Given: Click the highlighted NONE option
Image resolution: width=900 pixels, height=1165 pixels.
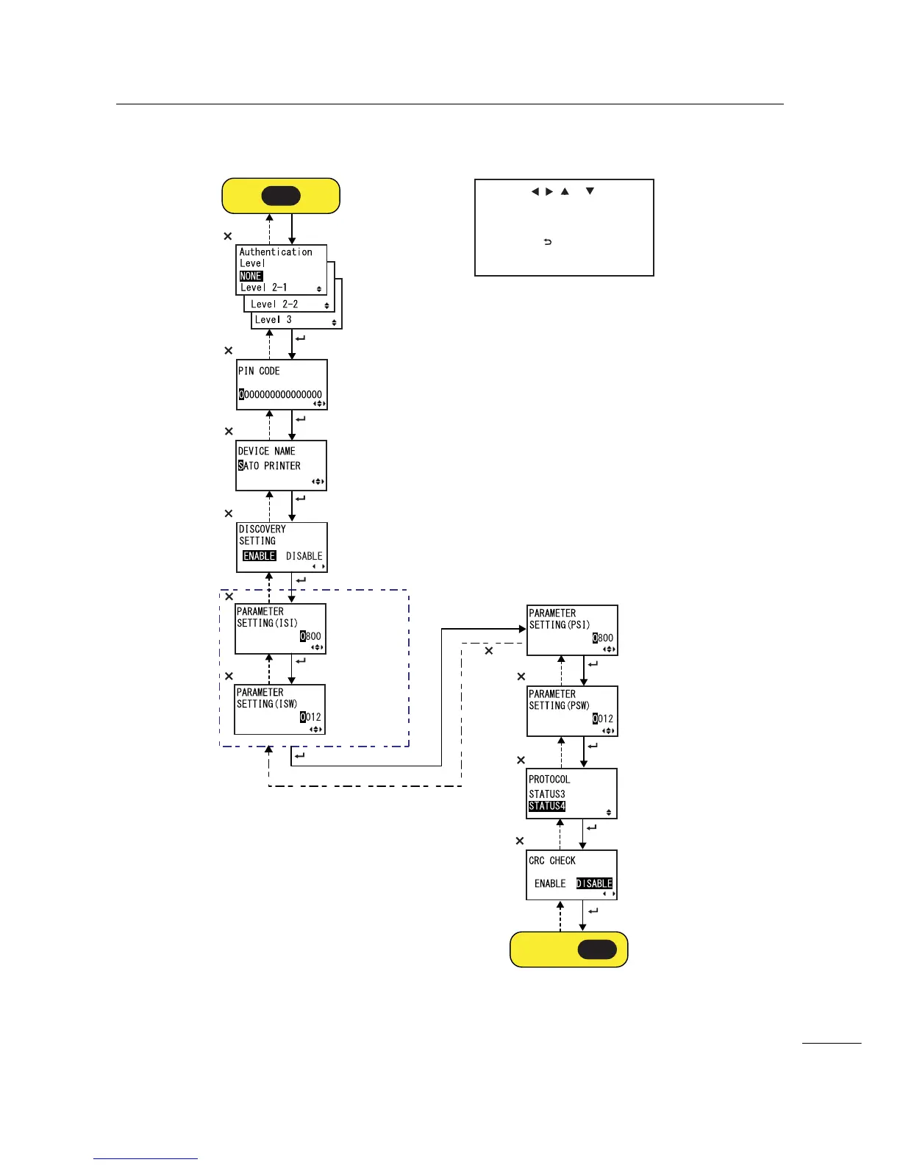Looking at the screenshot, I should coord(251,276).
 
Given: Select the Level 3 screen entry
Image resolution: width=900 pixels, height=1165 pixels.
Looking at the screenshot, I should coord(274,320).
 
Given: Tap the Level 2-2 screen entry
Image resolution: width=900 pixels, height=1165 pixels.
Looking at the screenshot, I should coord(274,304).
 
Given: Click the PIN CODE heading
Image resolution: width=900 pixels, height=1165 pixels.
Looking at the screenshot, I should coord(259,371).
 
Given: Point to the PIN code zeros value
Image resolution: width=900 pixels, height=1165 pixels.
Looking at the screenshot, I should coord(280,394).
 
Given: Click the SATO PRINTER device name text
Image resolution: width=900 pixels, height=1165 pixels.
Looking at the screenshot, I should coord(269,466).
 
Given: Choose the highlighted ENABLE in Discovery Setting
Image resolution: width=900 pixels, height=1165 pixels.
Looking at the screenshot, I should coord(260,556).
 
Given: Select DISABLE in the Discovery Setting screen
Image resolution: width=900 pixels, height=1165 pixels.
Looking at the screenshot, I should coord(304,556).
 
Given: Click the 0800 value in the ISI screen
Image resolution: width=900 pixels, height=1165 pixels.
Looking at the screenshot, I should coord(310,636).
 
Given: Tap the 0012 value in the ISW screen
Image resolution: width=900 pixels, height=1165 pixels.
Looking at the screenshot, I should coord(310,717).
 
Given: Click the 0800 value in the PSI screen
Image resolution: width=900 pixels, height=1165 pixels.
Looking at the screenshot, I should coord(603,638).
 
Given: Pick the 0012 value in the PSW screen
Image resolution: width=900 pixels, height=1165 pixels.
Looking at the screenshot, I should coord(603,719).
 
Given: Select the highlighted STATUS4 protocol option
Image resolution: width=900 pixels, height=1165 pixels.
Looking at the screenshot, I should coord(547,806).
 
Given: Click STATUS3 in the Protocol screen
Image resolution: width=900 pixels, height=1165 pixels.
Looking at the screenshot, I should coord(547,794).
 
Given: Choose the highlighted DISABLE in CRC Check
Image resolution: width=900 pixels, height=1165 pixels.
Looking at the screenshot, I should coord(594,883).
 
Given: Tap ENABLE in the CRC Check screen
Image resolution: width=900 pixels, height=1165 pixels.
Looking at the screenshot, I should coord(550,883).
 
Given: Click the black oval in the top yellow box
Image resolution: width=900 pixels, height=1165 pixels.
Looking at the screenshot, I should coord(281,196).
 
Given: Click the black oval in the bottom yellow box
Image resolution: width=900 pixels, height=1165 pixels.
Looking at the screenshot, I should coord(597,950).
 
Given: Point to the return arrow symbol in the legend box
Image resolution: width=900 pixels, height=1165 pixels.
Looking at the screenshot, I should coord(548,242).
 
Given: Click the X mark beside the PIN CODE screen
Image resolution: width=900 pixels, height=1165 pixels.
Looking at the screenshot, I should coord(228,351).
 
